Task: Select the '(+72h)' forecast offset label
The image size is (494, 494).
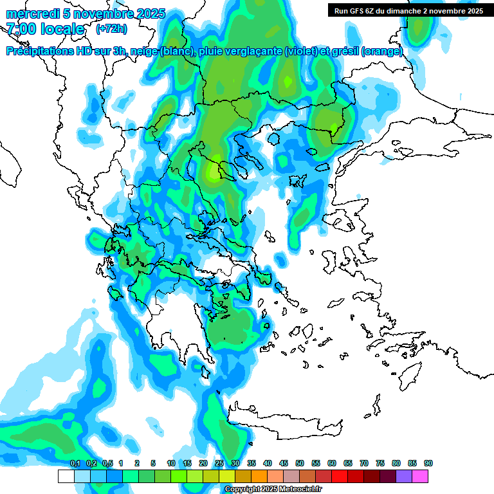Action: [x=111, y=29]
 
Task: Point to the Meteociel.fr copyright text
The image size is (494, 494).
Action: [x=273, y=489]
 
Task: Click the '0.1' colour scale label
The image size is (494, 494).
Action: [x=75, y=464]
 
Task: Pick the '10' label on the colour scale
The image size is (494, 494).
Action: [x=171, y=464]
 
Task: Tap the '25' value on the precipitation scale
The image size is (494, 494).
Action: [x=219, y=464]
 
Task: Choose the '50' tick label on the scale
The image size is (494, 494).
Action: [x=300, y=464]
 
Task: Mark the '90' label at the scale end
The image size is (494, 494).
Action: [x=428, y=464]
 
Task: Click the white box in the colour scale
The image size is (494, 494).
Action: [x=66, y=476]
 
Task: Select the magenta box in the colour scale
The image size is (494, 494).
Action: [x=420, y=476]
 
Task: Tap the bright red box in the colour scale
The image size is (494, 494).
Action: [x=339, y=476]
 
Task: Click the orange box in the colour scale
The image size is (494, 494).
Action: [x=259, y=476]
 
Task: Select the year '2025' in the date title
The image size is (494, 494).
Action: [x=147, y=14]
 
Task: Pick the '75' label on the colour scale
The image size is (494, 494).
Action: [x=380, y=464]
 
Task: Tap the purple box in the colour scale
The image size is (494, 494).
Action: [x=404, y=476]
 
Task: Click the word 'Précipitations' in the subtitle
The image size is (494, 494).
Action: [x=40, y=51]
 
